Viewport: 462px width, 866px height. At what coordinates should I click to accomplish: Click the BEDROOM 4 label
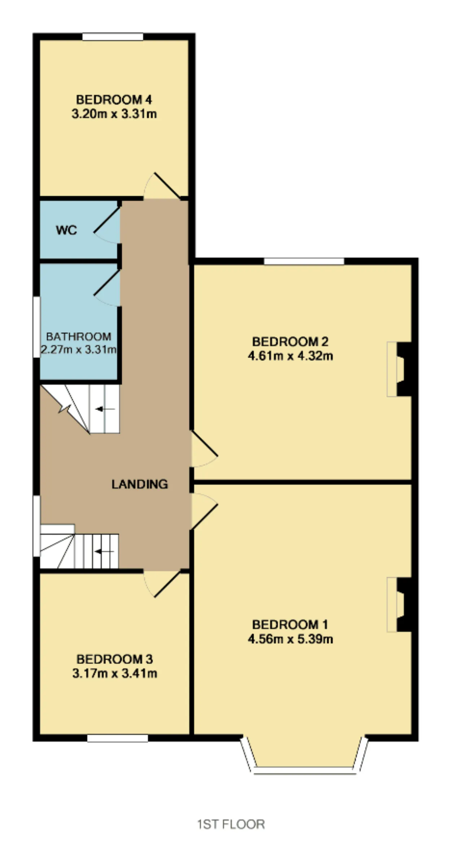click(x=114, y=99)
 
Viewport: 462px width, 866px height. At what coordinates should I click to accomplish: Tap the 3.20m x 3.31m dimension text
click(x=114, y=114)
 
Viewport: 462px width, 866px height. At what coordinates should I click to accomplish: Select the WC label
click(x=66, y=230)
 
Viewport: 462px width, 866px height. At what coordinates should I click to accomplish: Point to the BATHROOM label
click(x=79, y=336)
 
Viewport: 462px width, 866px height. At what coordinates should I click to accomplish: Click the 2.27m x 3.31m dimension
click(x=78, y=349)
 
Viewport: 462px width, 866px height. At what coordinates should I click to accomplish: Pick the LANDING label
click(x=140, y=484)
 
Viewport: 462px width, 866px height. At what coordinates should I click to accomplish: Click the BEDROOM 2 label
click(x=290, y=341)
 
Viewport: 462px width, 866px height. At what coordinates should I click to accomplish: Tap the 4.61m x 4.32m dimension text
click(x=290, y=356)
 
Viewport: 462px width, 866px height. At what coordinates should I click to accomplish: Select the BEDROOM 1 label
click(x=290, y=624)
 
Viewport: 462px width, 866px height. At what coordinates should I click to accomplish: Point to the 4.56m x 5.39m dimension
click(x=290, y=639)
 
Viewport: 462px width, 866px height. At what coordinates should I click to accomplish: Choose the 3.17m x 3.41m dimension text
click(x=115, y=673)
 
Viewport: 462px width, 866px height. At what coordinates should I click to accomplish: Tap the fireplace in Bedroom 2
click(x=400, y=369)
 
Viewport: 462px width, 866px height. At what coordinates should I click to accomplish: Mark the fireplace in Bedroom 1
click(x=400, y=605)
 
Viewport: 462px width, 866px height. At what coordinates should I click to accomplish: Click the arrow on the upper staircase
click(x=105, y=409)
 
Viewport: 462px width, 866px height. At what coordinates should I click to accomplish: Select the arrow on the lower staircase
click(x=104, y=551)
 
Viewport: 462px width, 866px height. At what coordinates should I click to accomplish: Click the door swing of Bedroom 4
click(x=162, y=186)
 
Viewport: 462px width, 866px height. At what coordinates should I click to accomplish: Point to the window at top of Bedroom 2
click(x=304, y=261)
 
